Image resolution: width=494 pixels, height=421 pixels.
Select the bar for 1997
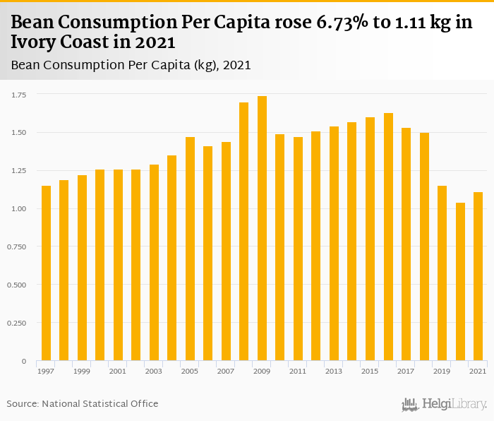47,273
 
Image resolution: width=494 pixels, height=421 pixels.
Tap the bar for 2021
478,276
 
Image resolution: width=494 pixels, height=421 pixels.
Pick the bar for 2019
442,273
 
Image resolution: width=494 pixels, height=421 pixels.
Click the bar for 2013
335,244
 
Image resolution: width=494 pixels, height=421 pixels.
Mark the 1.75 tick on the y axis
18,95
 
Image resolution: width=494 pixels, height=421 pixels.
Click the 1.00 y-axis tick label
18,209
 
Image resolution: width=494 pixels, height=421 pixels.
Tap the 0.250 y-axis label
17,324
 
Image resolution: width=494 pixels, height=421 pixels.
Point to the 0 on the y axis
24,362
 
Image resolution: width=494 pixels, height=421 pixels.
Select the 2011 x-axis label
298,371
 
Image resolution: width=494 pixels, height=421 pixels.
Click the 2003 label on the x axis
154,371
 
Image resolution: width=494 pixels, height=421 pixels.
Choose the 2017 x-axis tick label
406,371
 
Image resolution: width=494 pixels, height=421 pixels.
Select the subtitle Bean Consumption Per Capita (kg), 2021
131,65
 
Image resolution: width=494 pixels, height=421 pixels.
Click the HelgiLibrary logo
445,404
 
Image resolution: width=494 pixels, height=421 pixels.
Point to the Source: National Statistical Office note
83,403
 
